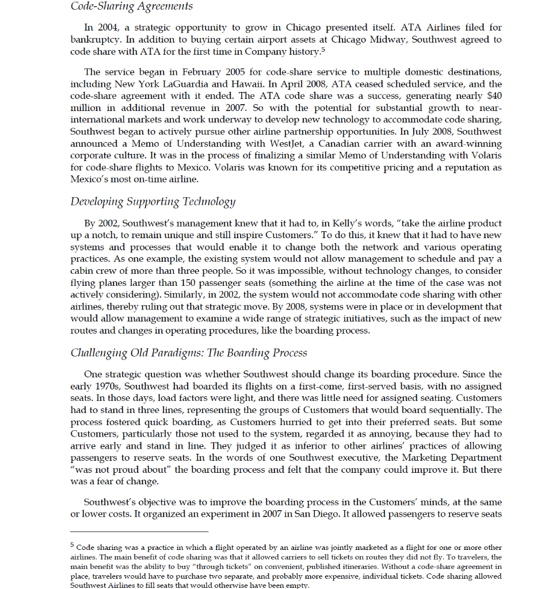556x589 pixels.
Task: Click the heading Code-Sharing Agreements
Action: click(x=131, y=6)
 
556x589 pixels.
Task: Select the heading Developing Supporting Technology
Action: click(x=153, y=201)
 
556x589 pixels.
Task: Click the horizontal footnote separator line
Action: click(x=139, y=531)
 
